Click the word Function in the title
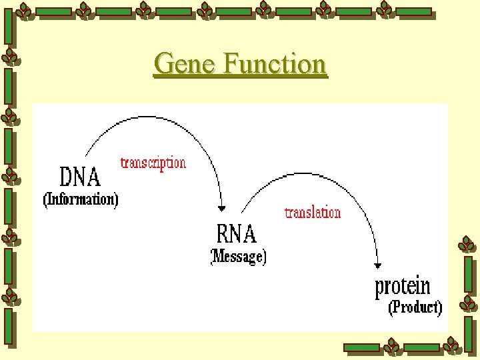click(x=275, y=64)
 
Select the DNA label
click(x=80, y=177)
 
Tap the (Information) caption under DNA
click(x=81, y=199)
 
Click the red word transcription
click(x=153, y=163)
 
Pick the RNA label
click(x=237, y=234)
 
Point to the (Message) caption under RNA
click(x=239, y=257)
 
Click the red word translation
click(x=313, y=213)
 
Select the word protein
click(x=403, y=287)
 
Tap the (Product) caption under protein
click(x=415, y=307)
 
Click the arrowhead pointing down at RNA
click(x=222, y=209)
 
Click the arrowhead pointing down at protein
click(x=378, y=266)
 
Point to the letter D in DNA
click(x=67, y=177)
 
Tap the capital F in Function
click(x=232, y=64)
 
